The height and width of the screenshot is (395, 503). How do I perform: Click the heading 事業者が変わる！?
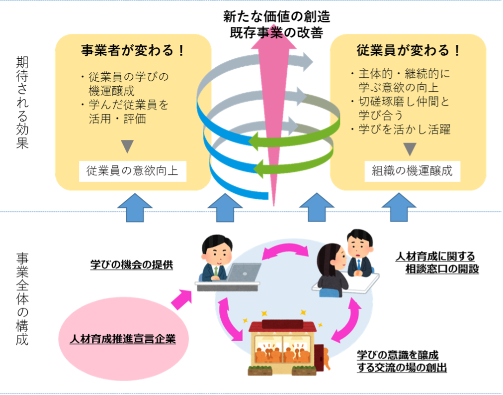click(x=133, y=50)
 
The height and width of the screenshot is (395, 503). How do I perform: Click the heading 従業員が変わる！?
click(x=409, y=50)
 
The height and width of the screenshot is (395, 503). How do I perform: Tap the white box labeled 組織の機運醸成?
click(x=412, y=171)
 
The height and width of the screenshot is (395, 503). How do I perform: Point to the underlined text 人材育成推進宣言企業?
click(x=123, y=339)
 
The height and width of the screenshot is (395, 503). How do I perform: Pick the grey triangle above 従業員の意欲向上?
click(x=128, y=146)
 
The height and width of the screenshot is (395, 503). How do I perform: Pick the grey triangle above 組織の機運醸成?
click(x=410, y=148)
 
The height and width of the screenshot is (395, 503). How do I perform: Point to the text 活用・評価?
click(x=117, y=119)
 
